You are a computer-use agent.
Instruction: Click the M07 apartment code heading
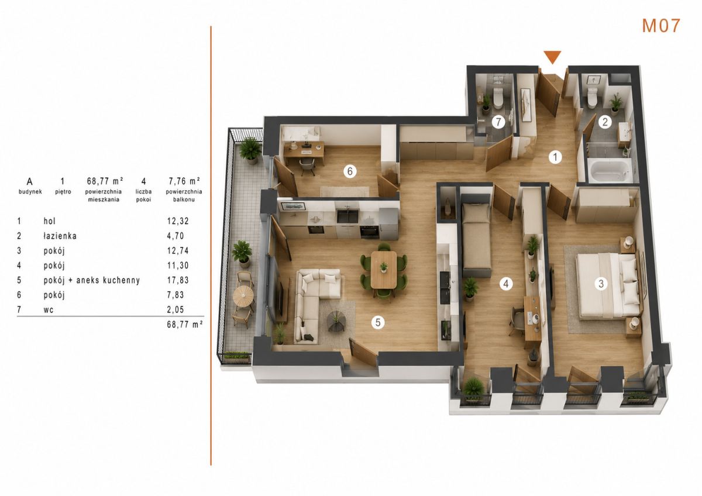click(x=661, y=26)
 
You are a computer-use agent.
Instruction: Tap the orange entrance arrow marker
click(x=552, y=57)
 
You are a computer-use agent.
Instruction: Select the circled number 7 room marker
click(x=498, y=122)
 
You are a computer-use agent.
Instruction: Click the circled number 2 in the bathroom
click(x=605, y=122)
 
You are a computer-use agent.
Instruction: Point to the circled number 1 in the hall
click(x=555, y=157)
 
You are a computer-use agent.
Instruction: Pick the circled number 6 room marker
click(x=350, y=171)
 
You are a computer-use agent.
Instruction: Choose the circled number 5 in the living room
click(x=378, y=322)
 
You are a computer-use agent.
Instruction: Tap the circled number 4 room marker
click(x=506, y=284)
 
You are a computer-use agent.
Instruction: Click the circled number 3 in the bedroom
click(x=601, y=284)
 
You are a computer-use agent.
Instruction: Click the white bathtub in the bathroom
click(x=608, y=170)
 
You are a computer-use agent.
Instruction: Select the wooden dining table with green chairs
click(x=384, y=270)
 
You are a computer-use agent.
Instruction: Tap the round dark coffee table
click(x=336, y=320)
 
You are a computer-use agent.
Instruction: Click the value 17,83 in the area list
click(x=178, y=280)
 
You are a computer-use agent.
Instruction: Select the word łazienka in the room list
click(x=60, y=236)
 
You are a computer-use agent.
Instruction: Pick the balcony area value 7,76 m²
click(x=184, y=181)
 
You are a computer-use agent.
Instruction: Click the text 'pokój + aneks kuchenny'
click(x=91, y=280)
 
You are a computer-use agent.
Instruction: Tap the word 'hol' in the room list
click(x=50, y=221)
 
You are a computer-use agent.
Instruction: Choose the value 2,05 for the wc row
click(x=175, y=309)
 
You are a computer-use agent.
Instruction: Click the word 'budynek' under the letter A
click(x=30, y=192)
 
